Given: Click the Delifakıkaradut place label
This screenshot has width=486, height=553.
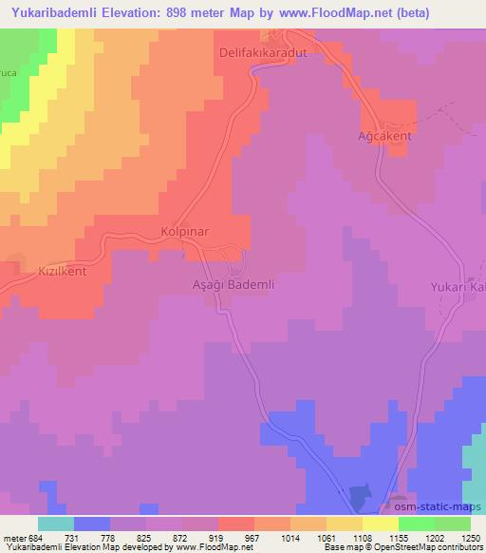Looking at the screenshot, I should point(265,53).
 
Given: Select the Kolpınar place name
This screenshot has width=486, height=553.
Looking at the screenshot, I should point(184,232).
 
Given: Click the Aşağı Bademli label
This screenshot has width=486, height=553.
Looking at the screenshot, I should point(234,284).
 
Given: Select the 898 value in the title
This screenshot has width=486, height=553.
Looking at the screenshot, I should point(179,13).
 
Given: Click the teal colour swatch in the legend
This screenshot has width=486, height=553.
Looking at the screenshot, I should point(56,524).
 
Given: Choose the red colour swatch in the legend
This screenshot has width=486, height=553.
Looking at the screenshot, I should point(236,524).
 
